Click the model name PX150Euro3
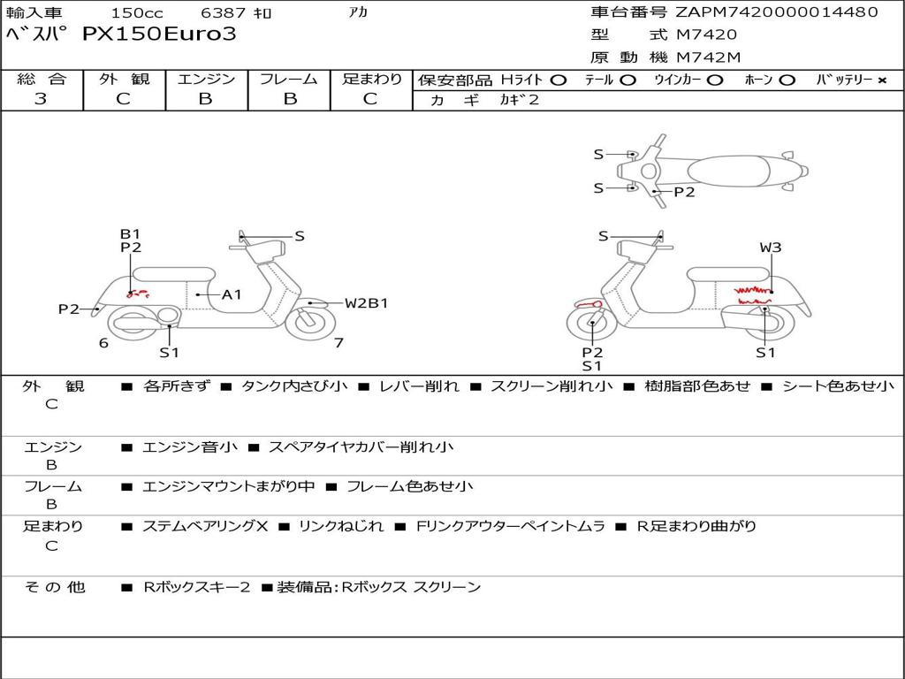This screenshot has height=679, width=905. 159,34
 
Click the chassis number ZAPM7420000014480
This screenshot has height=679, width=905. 776,11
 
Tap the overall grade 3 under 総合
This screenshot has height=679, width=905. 41,99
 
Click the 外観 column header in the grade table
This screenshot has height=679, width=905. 124,79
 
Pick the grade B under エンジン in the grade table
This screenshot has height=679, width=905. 205,99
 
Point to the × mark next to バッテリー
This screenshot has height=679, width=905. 882,80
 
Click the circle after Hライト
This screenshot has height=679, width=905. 559,80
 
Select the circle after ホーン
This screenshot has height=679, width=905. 787,80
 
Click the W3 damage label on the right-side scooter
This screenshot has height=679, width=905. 771,248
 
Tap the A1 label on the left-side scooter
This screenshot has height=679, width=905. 232,295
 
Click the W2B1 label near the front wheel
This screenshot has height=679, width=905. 367,303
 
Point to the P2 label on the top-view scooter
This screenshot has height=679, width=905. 685,192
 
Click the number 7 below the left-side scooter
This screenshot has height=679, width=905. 338,343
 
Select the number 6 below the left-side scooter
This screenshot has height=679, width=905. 104,343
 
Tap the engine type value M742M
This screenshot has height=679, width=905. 708,57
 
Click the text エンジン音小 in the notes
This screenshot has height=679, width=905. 190,446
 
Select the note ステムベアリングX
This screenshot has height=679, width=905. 205,526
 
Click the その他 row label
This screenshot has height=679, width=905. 55,587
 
